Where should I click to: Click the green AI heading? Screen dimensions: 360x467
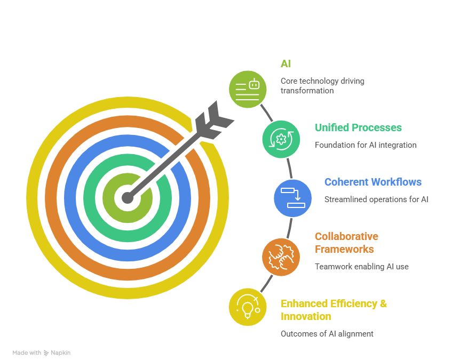pos(286,64)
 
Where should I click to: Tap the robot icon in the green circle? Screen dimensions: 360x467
pos(248,89)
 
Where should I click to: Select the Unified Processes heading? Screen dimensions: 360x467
pos(358,128)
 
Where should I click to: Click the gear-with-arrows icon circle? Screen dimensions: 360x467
pos(281,139)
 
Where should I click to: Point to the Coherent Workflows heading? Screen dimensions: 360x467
pos(373,182)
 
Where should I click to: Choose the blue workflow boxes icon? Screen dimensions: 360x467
pos(292,198)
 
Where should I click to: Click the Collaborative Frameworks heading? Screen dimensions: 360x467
pos(346,243)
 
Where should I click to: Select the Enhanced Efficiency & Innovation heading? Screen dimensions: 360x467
pos(334,310)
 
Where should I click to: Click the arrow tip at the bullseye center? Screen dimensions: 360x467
pos(127,198)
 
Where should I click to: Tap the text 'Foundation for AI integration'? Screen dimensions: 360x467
pos(365,145)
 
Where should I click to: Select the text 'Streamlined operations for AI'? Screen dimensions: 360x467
pos(376,199)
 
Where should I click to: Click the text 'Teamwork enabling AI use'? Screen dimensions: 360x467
pos(361,267)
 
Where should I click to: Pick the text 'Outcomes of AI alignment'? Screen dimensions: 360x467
pos(327,334)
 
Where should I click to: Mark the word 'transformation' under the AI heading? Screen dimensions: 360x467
pos(307,91)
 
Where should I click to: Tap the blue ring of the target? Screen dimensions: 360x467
pos(72,198)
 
